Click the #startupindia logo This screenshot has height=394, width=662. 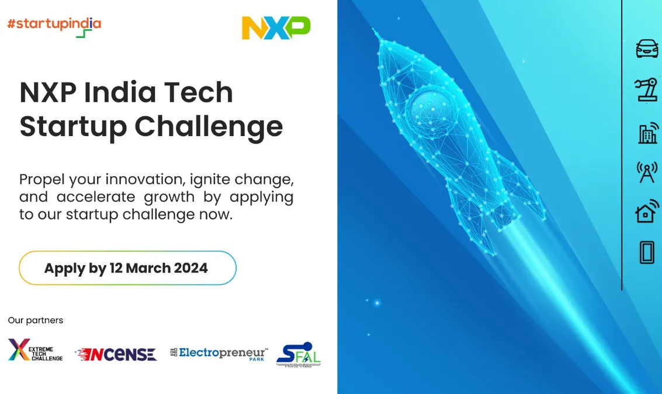tap(54, 25)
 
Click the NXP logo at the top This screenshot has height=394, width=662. tap(276, 28)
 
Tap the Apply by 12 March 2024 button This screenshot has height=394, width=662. tap(127, 268)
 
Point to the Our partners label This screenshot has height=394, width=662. tap(36, 320)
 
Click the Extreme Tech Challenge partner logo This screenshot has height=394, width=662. tap(36, 350)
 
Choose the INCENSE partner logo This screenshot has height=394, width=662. tap(116, 354)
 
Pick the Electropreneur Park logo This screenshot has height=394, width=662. tap(219, 353)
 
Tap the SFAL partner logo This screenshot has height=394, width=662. tap(298, 354)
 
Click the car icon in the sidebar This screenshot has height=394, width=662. tap(647, 48)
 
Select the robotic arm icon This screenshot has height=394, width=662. tap(646, 90)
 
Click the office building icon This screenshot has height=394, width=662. tap(647, 134)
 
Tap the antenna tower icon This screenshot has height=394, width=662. tap(647, 172)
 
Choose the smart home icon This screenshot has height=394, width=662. tap(647, 211)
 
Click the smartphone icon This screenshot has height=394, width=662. tap(647, 253)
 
